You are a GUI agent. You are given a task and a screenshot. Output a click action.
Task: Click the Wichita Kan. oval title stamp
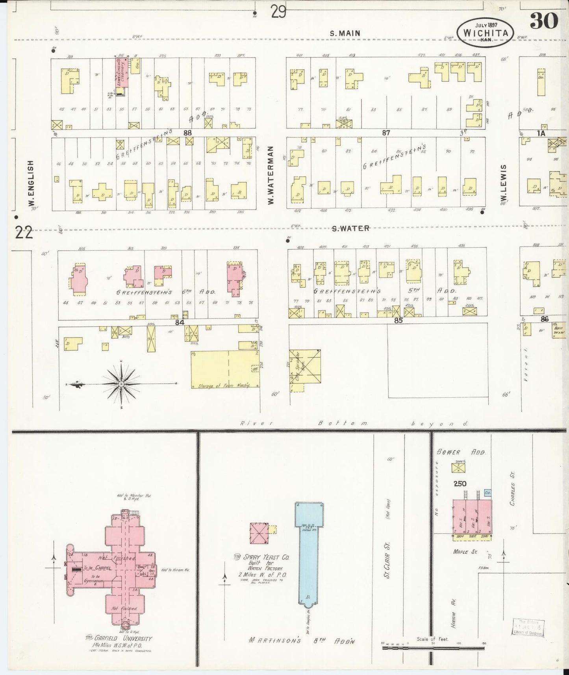click(x=485, y=33)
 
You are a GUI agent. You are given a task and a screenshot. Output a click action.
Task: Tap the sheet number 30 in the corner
click(x=544, y=21)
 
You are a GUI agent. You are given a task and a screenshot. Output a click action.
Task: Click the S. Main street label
click(x=345, y=33)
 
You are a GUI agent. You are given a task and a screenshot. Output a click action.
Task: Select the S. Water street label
click(x=350, y=228)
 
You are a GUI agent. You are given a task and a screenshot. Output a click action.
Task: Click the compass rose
click(x=121, y=384)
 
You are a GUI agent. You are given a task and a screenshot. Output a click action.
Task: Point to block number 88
click(x=187, y=133)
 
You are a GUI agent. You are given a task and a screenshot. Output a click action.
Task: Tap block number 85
click(x=398, y=321)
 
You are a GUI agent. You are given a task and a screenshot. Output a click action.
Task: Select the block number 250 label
click(x=460, y=484)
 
